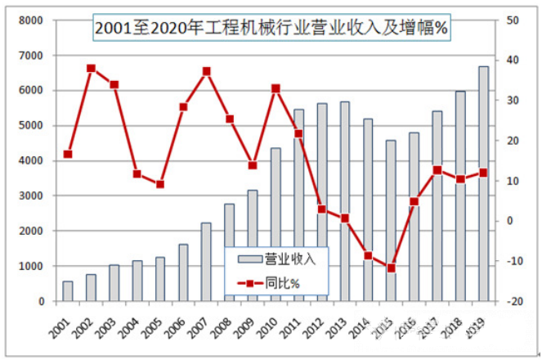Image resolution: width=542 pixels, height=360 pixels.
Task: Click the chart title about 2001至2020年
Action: click(271, 29)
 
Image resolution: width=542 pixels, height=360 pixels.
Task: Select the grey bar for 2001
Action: click(68, 291)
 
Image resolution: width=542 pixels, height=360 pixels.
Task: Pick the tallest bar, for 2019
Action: click(483, 184)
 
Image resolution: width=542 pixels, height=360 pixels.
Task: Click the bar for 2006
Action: click(183, 272)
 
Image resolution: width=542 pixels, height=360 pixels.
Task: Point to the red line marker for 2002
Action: click(91, 69)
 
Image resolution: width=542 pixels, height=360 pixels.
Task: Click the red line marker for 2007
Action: click(206, 71)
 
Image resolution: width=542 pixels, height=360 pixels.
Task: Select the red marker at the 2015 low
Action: click(391, 268)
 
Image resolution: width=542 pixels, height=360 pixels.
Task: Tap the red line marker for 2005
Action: click(160, 184)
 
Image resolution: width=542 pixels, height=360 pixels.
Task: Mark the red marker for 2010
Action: click(275, 88)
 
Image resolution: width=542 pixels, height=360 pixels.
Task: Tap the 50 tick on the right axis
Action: click(513, 20)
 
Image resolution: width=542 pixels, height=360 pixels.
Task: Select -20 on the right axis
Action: click(515, 302)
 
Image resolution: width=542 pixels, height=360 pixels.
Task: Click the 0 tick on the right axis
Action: click(510, 221)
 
